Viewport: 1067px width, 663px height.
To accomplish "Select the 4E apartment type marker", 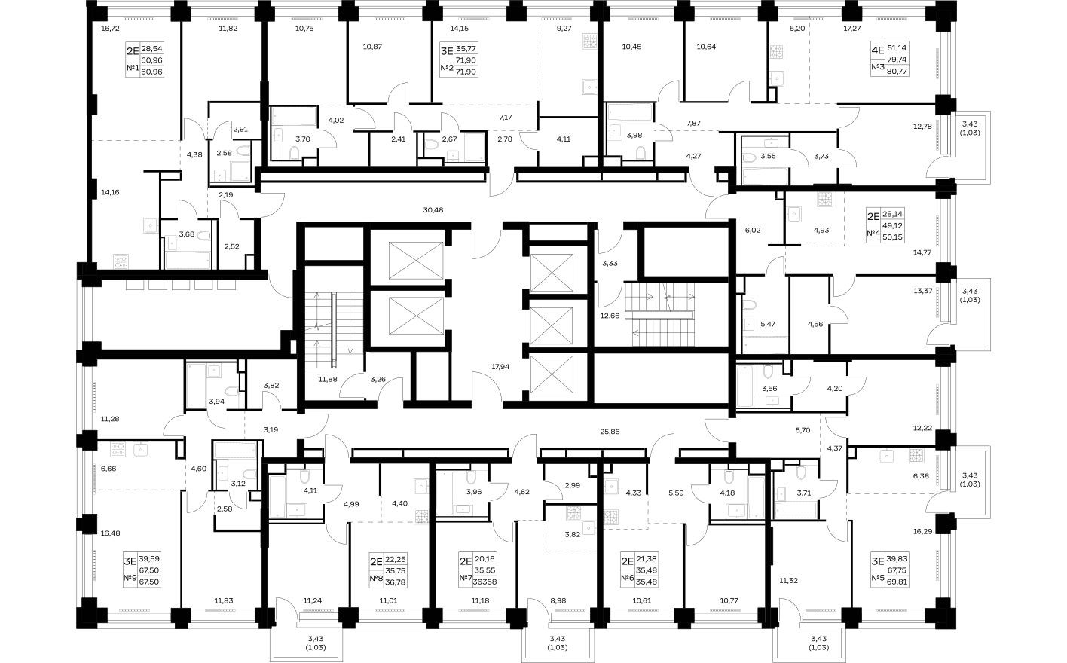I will point(876,53).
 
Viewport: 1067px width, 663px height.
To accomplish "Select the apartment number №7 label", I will point(466,579).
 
